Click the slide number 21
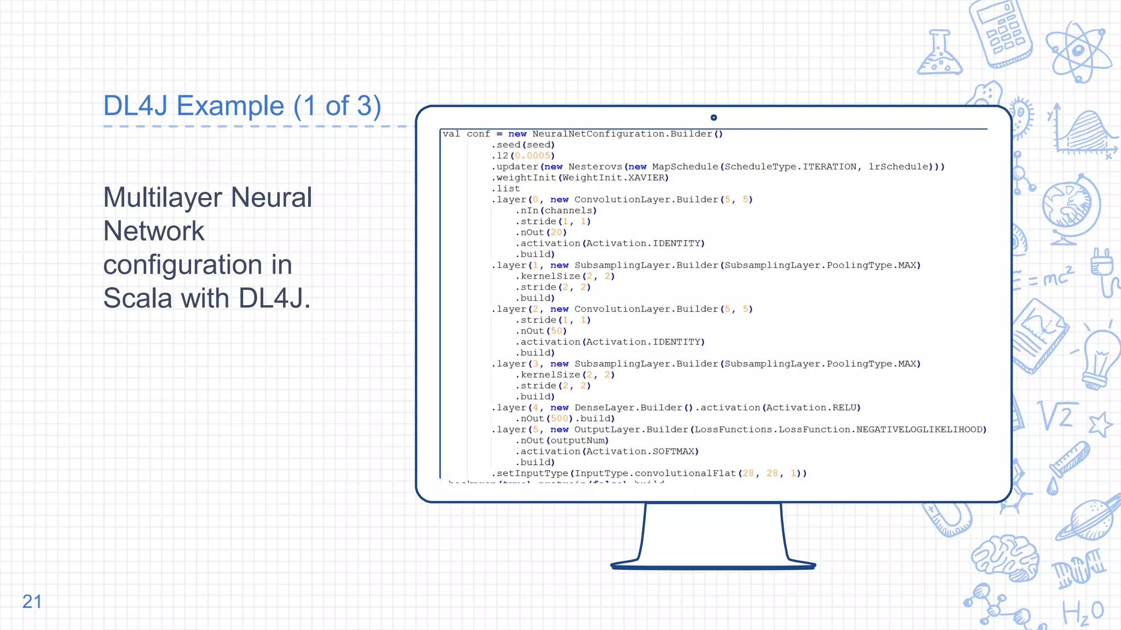tap(32, 602)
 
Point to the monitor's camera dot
tap(713, 118)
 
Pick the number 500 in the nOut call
tap(559, 418)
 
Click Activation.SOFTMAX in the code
tap(640, 451)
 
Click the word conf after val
tap(478, 134)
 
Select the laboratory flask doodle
tap(939, 55)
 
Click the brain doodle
tap(1006, 558)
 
